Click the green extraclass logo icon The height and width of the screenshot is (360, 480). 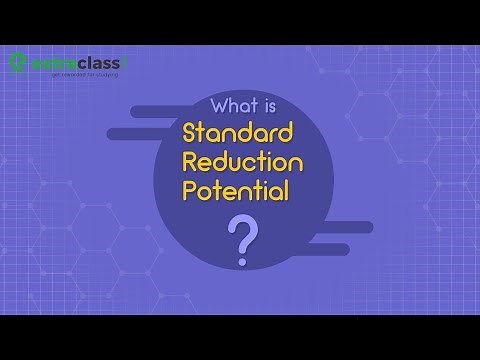click(x=19, y=62)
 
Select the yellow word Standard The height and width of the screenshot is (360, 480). click(x=236, y=133)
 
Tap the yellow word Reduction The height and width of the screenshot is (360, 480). click(x=239, y=162)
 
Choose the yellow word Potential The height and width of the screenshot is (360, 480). click(x=236, y=191)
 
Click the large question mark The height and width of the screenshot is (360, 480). click(x=240, y=237)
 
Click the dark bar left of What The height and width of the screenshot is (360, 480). click(x=165, y=110)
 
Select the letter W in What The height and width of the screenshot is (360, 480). click(x=220, y=106)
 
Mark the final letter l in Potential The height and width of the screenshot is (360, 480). click(x=287, y=190)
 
